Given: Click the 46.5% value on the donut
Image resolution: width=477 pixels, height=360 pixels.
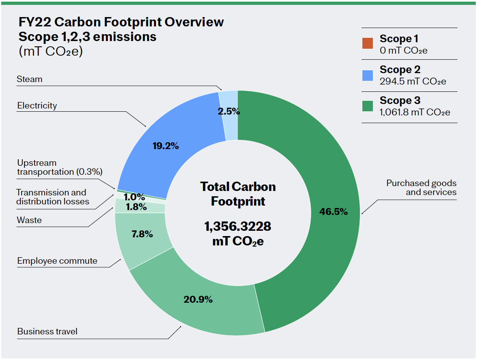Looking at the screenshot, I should click(333, 211).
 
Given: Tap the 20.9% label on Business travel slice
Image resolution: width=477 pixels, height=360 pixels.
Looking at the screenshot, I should click(198, 299).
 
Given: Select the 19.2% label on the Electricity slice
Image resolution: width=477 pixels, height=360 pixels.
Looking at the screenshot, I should click(166, 146).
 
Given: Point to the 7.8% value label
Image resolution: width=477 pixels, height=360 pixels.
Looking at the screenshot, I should click(142, 234).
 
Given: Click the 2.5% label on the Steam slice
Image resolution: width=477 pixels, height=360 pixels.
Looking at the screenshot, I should click(229, 111).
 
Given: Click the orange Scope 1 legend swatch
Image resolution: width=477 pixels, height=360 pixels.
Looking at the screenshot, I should click(367, 43).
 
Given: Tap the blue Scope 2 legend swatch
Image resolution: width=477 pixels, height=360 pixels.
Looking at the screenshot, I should click(367, 75).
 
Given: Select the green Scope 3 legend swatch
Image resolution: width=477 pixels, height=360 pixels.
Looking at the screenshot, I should click(367, 106).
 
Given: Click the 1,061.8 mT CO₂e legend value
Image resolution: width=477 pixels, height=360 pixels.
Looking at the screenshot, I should click(415, 113).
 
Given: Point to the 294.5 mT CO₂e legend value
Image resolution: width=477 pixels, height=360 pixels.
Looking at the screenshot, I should click(413, 82).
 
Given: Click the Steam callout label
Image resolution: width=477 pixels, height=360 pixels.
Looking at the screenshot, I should click(29, 79).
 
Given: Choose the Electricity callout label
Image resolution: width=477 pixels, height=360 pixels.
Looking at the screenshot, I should click(37, 106).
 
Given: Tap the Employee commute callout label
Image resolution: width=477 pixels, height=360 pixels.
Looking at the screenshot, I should click(57, 261).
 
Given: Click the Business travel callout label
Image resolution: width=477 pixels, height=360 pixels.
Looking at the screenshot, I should click(47, 332).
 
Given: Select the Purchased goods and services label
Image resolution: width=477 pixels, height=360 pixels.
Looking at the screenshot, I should click(421, 188).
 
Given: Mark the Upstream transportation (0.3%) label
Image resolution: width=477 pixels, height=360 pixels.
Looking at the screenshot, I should click(59, 167).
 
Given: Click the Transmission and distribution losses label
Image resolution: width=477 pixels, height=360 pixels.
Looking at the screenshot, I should click(52, 197).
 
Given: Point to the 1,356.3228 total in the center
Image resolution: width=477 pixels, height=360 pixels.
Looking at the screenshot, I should click(238, 226).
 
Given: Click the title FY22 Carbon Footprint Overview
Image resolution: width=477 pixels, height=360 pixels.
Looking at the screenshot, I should click(121, 22).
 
